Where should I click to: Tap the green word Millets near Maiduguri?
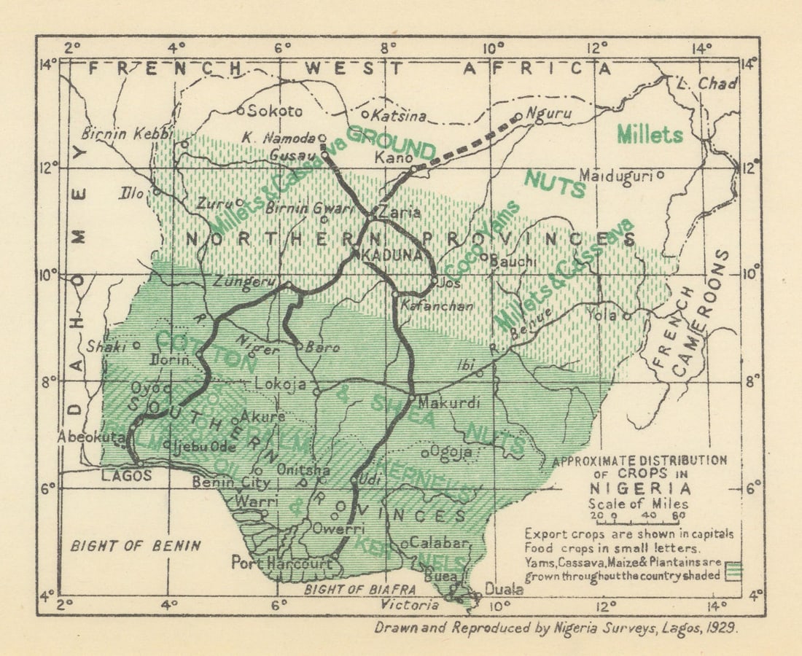tap(650, 134)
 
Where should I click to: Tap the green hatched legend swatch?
tap(734, 569)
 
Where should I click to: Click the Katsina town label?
tap(399, 116)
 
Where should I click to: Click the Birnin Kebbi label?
tap(128, 134)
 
